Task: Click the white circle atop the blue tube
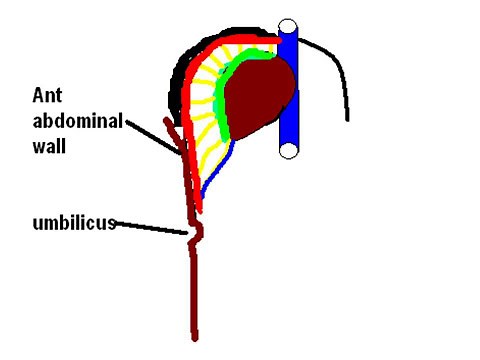click(x=288, y=28)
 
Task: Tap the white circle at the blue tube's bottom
click(x=288, y=151)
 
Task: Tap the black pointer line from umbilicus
click(x=150, y=226)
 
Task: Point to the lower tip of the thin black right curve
click(x=347, y=119)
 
